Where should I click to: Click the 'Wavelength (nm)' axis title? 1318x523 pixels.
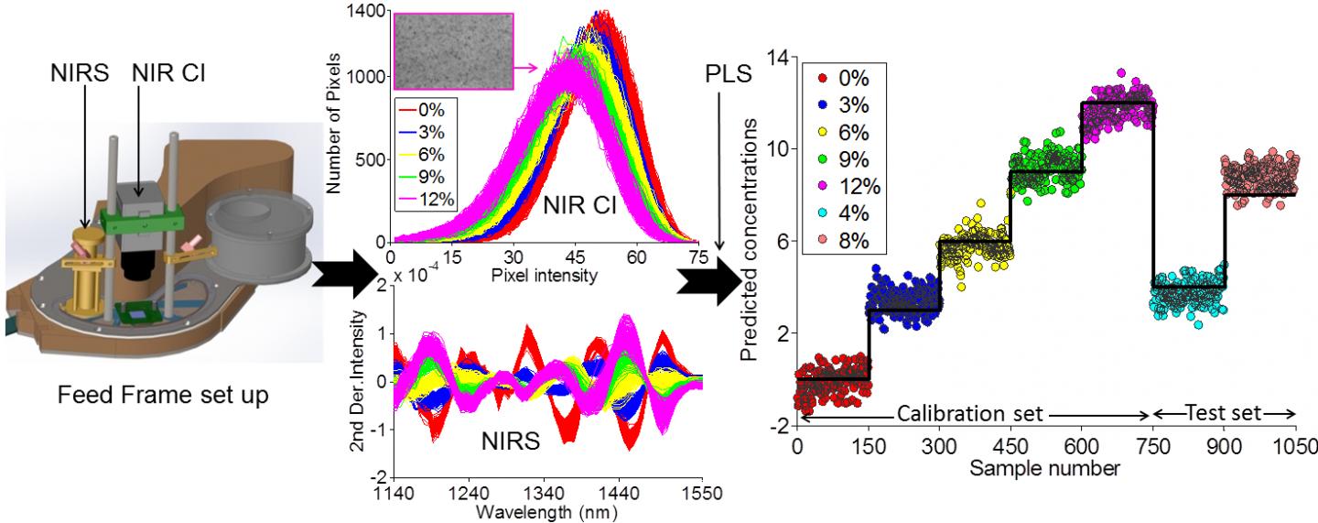546,511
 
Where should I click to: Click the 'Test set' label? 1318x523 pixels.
1223,414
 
